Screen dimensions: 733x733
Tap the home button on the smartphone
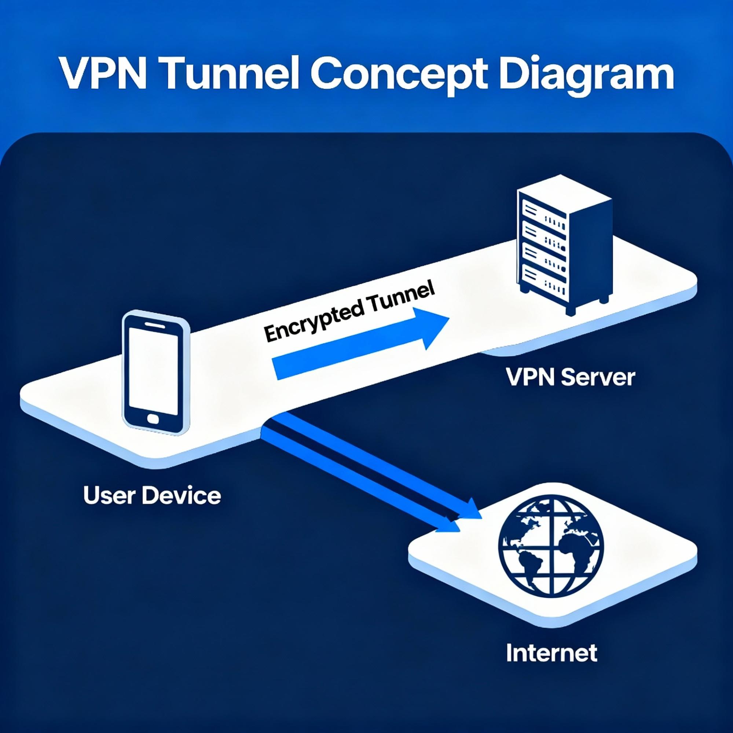[154, 419]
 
